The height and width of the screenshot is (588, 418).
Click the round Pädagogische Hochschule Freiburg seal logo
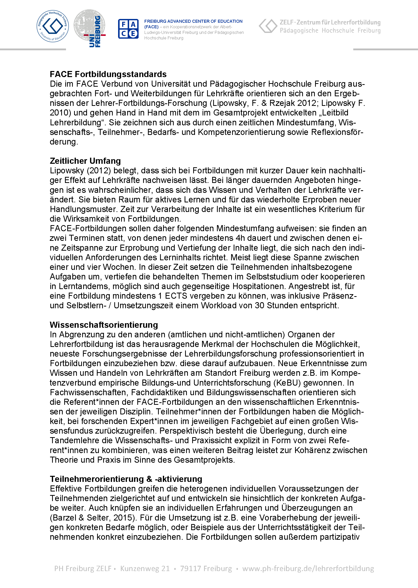pyautogui.click(x=53, y=26)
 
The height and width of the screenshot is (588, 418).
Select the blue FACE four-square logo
pyautogui.click(x=128, y=29)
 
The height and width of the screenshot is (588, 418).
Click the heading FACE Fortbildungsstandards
pyautogui.click(x=108, y=74)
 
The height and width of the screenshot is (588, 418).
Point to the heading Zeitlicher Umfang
pyautogui.click(x=85, y=161)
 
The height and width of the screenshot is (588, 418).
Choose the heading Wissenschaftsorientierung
pyautogui.click(x=104, y=325)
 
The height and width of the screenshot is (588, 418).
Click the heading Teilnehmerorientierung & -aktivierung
pyautogui.click(x=126, y=479)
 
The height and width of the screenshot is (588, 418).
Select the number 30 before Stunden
pyautogui.click(x=259, y=305)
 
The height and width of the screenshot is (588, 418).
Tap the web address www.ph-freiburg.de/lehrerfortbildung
pyautogui.click(x=308, y=569)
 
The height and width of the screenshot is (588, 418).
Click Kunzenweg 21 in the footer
pyautogui.click(x=145, y=569)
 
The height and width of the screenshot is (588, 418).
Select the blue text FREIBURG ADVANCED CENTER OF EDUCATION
pyautogui.click(x=193, y=21)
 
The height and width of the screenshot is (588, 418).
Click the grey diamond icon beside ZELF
pyautogui.click(x=268, y=26)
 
